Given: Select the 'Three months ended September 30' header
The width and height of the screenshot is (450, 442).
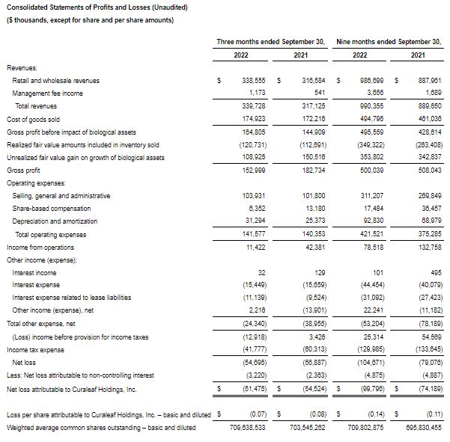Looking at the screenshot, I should tap(270, 42).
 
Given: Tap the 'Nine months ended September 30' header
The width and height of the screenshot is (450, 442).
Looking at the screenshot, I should tap(390, 42).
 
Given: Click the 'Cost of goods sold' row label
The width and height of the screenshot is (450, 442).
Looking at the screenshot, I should tap(33, 119).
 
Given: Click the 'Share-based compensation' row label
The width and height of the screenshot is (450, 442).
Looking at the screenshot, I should tap(52, 208).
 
